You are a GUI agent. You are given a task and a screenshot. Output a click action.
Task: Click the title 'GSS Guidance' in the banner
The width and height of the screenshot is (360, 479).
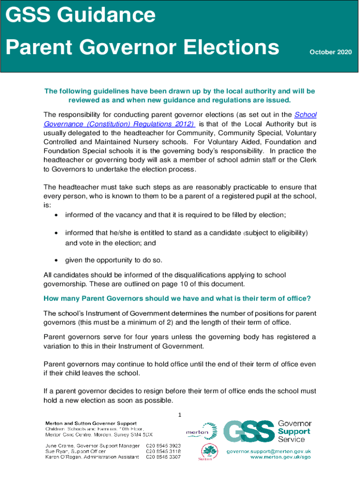click(x=80, y=15)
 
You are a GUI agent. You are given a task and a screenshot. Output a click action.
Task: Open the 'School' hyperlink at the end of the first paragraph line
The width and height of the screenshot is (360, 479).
click(x=305, y=115)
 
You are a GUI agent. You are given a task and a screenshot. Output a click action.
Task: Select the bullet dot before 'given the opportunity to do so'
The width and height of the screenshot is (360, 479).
click(x=56, y=260)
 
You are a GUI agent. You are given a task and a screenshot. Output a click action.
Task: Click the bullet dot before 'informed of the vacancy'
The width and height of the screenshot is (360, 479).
click(x=56, y=215)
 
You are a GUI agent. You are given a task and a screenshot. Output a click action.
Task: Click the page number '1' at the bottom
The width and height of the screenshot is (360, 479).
click(x=180, y=414)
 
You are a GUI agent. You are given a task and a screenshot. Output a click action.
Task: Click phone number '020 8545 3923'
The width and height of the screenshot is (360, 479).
click(x=163, y=445)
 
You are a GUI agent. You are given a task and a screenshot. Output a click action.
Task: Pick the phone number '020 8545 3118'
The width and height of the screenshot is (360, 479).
click(x=163, y=451)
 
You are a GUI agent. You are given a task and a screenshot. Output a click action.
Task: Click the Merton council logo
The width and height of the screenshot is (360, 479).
click(x=202, y=431)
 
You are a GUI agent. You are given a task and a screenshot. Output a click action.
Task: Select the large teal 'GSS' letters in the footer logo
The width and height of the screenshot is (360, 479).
click(x=248, y=431)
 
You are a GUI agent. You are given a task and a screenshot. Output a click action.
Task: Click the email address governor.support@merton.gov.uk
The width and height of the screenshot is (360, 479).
click(x=269, y=451)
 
